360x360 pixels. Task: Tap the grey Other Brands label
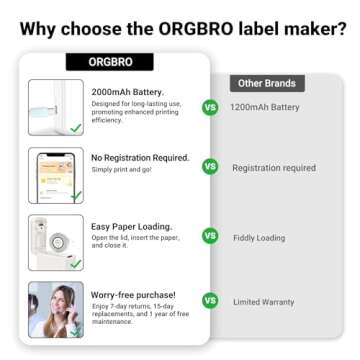263,83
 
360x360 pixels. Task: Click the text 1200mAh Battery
264,107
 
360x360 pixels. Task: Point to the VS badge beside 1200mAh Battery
210,107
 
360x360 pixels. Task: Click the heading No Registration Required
140,157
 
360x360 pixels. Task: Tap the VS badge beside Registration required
210,167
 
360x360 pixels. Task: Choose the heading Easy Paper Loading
131,225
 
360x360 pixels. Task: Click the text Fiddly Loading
256,236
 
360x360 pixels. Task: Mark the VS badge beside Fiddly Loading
210,236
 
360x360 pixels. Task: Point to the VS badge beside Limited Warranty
210,300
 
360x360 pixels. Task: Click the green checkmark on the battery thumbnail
75,128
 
